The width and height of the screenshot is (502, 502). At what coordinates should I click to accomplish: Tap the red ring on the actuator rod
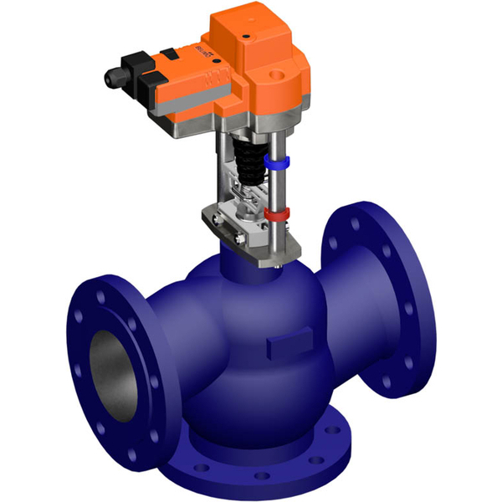pos(276,215)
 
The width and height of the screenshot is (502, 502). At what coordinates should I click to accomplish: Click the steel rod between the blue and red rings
pos(275,187)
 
